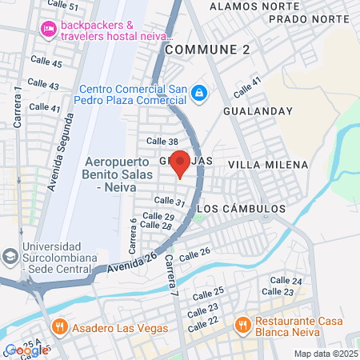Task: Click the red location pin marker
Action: pos(180,162)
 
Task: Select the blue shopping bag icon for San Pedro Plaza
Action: pos(197,94)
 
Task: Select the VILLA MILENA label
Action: pos(268,165)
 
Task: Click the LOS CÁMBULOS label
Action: pos(241,208)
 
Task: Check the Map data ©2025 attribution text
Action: pos(324,354)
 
